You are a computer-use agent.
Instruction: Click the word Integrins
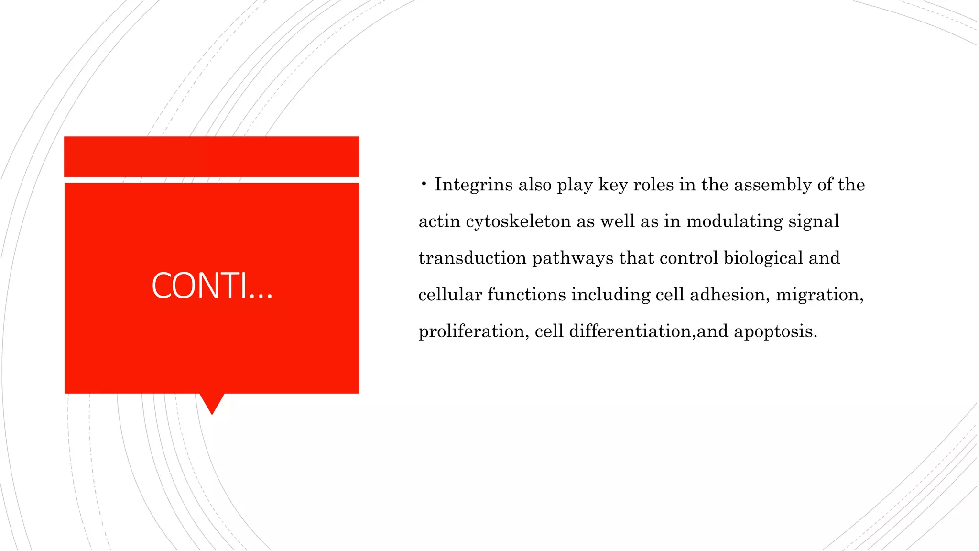pyautogui.click(x=473, y=185)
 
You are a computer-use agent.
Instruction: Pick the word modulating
pyautogui.click(x=734, y=222)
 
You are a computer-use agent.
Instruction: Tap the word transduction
pyautogui.click(x=472, y=258)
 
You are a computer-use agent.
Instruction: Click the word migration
pyautogui.click(x=819, y=295)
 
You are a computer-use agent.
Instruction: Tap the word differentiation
pyautogui.click(x=631, y=331)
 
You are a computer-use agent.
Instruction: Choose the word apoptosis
pyautogui.click(x=775, y=331)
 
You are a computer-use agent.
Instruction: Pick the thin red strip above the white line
pyautogui.click(x=212, y=156)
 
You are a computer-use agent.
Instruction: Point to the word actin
pyautogui.click(x=439, y=222)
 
